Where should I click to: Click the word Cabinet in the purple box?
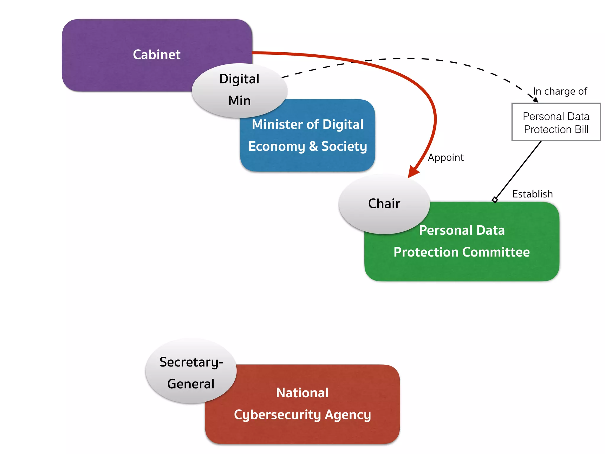point(157,55)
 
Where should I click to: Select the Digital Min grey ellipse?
point(239,90)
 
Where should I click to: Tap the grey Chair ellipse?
point(384,204)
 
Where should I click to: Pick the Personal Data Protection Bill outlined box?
point(556,122)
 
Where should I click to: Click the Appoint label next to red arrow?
point(445,158)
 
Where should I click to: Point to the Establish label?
point(532,194)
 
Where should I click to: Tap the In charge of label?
point(560,91)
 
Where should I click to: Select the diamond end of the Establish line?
point(495,200)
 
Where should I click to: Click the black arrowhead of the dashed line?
point(535,100)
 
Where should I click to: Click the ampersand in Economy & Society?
point(313,146)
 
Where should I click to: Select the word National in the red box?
point(302,393)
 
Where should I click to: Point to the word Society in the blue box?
point(344,146)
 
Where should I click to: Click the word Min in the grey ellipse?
point(239,101)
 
